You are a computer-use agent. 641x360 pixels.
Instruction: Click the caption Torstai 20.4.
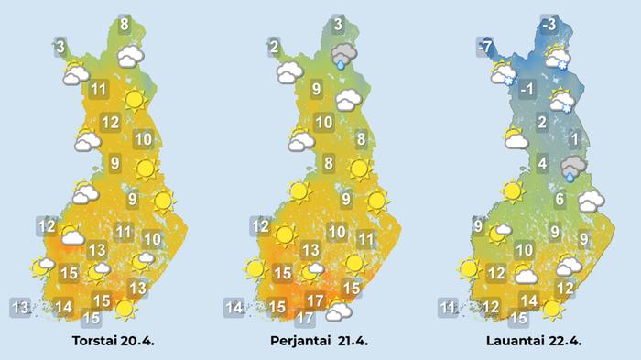coord(113,341)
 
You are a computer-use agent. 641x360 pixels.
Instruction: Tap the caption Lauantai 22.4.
coord(533,341)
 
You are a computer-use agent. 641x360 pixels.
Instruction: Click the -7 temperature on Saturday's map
coord(486,45)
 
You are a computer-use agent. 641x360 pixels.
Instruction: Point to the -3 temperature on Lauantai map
coord(548,25)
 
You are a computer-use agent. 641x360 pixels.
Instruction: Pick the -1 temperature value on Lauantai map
coord(527,90)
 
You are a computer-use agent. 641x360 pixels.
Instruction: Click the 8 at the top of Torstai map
coord(124,25)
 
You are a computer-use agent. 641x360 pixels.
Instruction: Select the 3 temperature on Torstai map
coord(60,45)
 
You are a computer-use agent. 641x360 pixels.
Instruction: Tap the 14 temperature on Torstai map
coord(63,306)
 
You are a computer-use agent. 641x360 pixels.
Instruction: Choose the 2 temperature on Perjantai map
coord(274,45)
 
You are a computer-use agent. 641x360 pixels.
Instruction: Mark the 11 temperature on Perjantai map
coord(365,239)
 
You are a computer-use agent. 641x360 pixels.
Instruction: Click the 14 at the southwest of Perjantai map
coord(234,306)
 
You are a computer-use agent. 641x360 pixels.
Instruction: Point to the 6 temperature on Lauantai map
coord(559,200)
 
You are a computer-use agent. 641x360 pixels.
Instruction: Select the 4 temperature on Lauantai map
coord(542,164)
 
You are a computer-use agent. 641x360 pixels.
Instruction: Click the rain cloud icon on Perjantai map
coord(344,56)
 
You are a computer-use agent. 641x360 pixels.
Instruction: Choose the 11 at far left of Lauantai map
coord(448,306)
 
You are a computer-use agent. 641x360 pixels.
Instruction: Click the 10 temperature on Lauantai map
coord(524,250)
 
